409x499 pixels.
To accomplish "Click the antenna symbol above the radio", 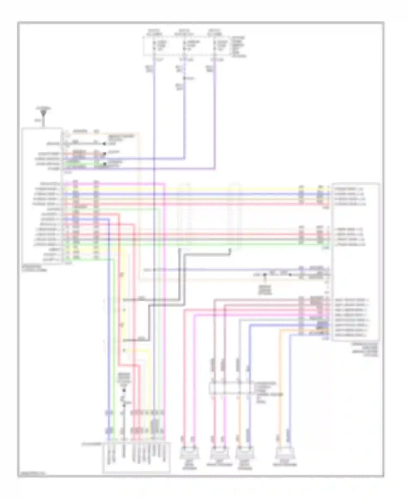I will [x=43, y=112].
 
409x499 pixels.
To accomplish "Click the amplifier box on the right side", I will [x=356, y=262].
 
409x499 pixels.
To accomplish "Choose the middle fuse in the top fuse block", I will [x=185, y=45].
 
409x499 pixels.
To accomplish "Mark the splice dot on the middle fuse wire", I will [x=185, y=78].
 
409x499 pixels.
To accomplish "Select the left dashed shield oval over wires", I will [x=185, y=216].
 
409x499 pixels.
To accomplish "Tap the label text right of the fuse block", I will [x=239, y=46].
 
